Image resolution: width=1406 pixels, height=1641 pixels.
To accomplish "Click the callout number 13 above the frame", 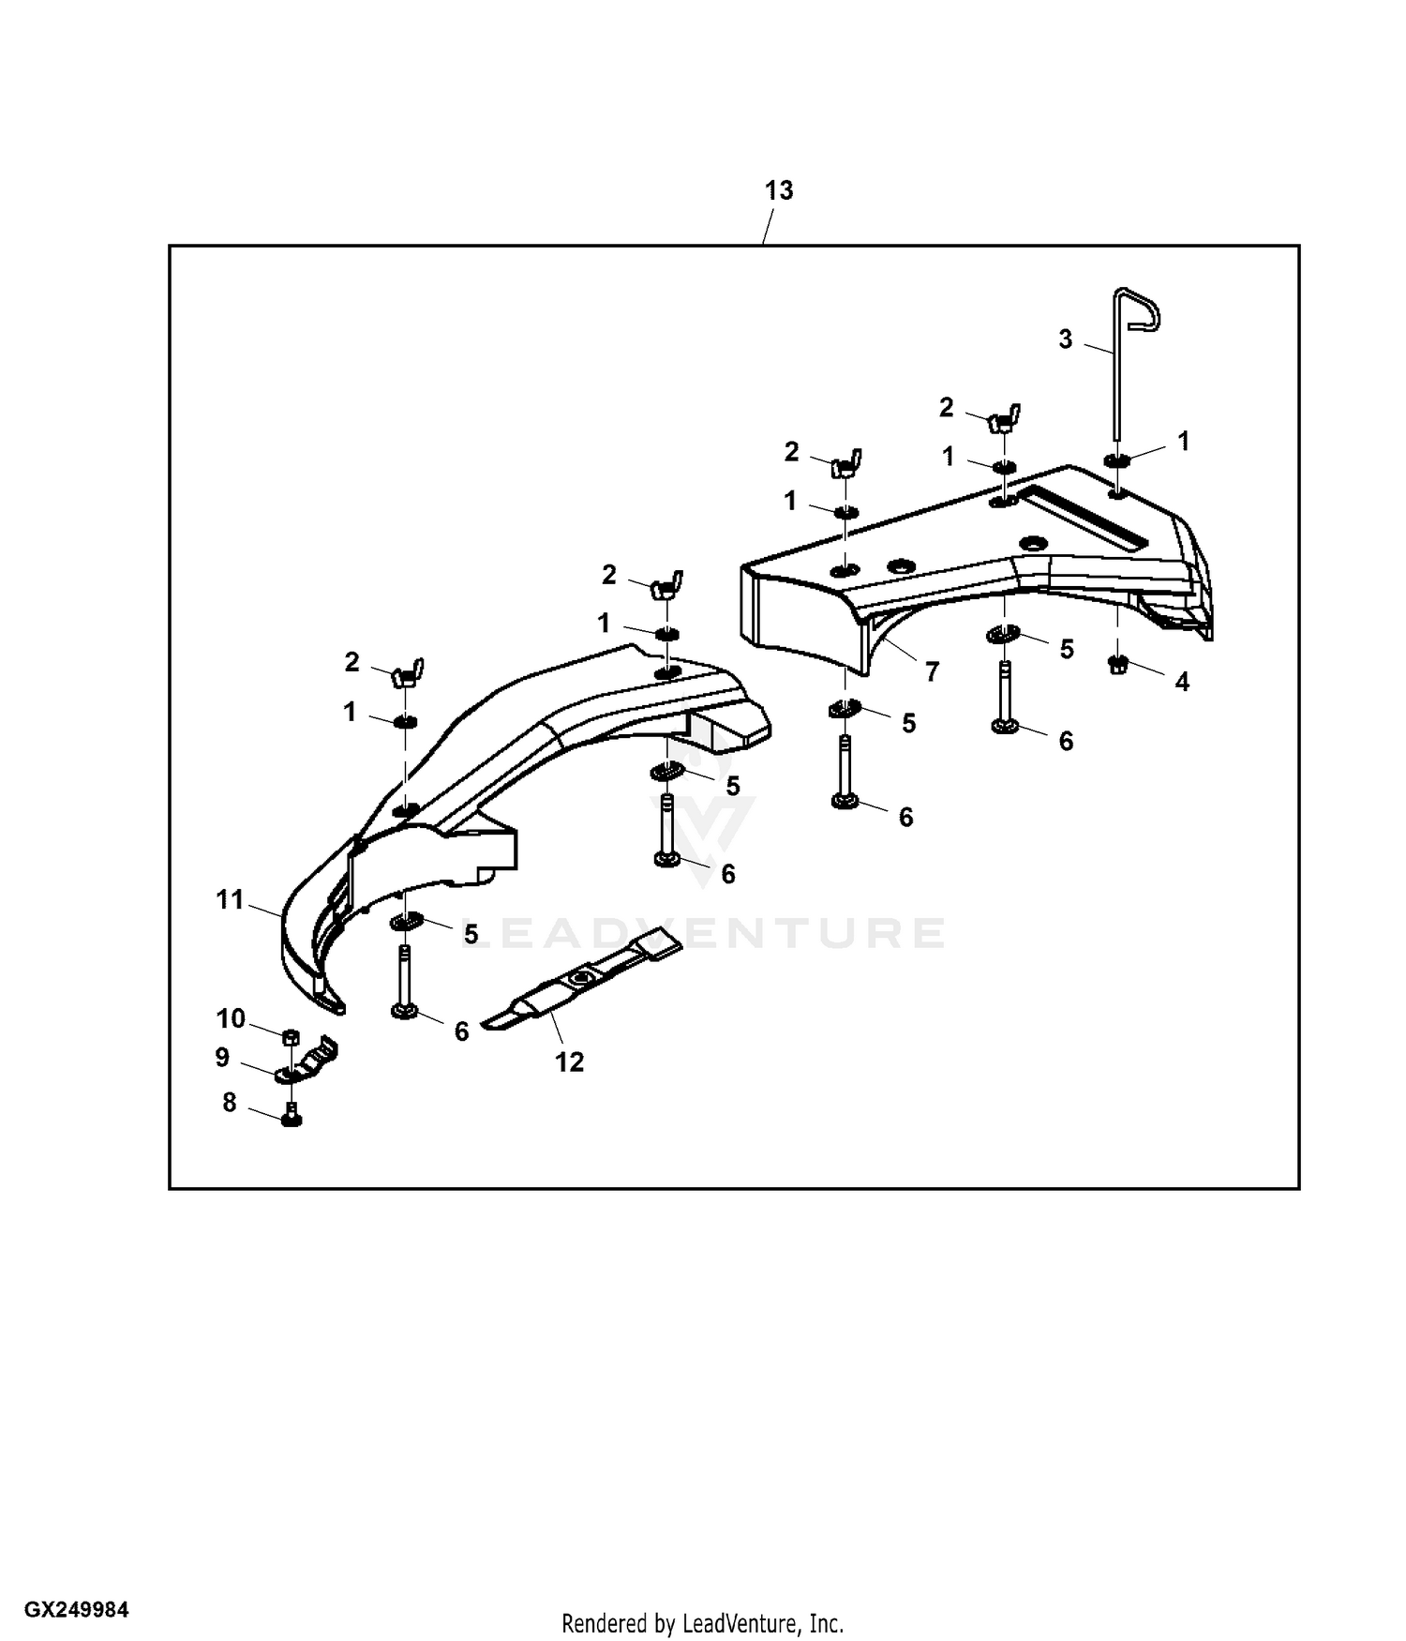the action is point(778,190).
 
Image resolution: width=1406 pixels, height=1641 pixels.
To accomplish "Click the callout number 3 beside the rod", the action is point(1065,339).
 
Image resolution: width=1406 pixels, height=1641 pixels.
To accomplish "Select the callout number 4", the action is point(1182,682).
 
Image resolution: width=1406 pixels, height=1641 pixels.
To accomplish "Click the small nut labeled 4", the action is point(1117,665).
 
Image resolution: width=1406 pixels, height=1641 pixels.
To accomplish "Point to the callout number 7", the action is point(932,671).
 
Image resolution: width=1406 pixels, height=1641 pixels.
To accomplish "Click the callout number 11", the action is point(230,900).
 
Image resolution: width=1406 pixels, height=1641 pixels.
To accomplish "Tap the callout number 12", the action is point(569,1061).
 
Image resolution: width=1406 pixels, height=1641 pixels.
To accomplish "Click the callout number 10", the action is point(231,1018).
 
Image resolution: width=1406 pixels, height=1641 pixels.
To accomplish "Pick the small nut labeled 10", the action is point(291,1035).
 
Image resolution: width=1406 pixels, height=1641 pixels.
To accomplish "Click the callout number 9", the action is point(222,1058).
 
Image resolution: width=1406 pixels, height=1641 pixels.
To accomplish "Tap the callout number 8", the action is point(230,1103).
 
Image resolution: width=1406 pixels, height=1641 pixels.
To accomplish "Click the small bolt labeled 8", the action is point(292,1116).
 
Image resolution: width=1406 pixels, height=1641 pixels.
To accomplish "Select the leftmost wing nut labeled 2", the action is point(407,674).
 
